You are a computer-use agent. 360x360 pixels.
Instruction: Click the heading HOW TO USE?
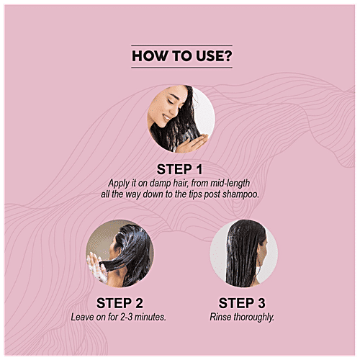point(179,56)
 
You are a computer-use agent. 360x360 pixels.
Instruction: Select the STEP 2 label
point(114,302)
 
